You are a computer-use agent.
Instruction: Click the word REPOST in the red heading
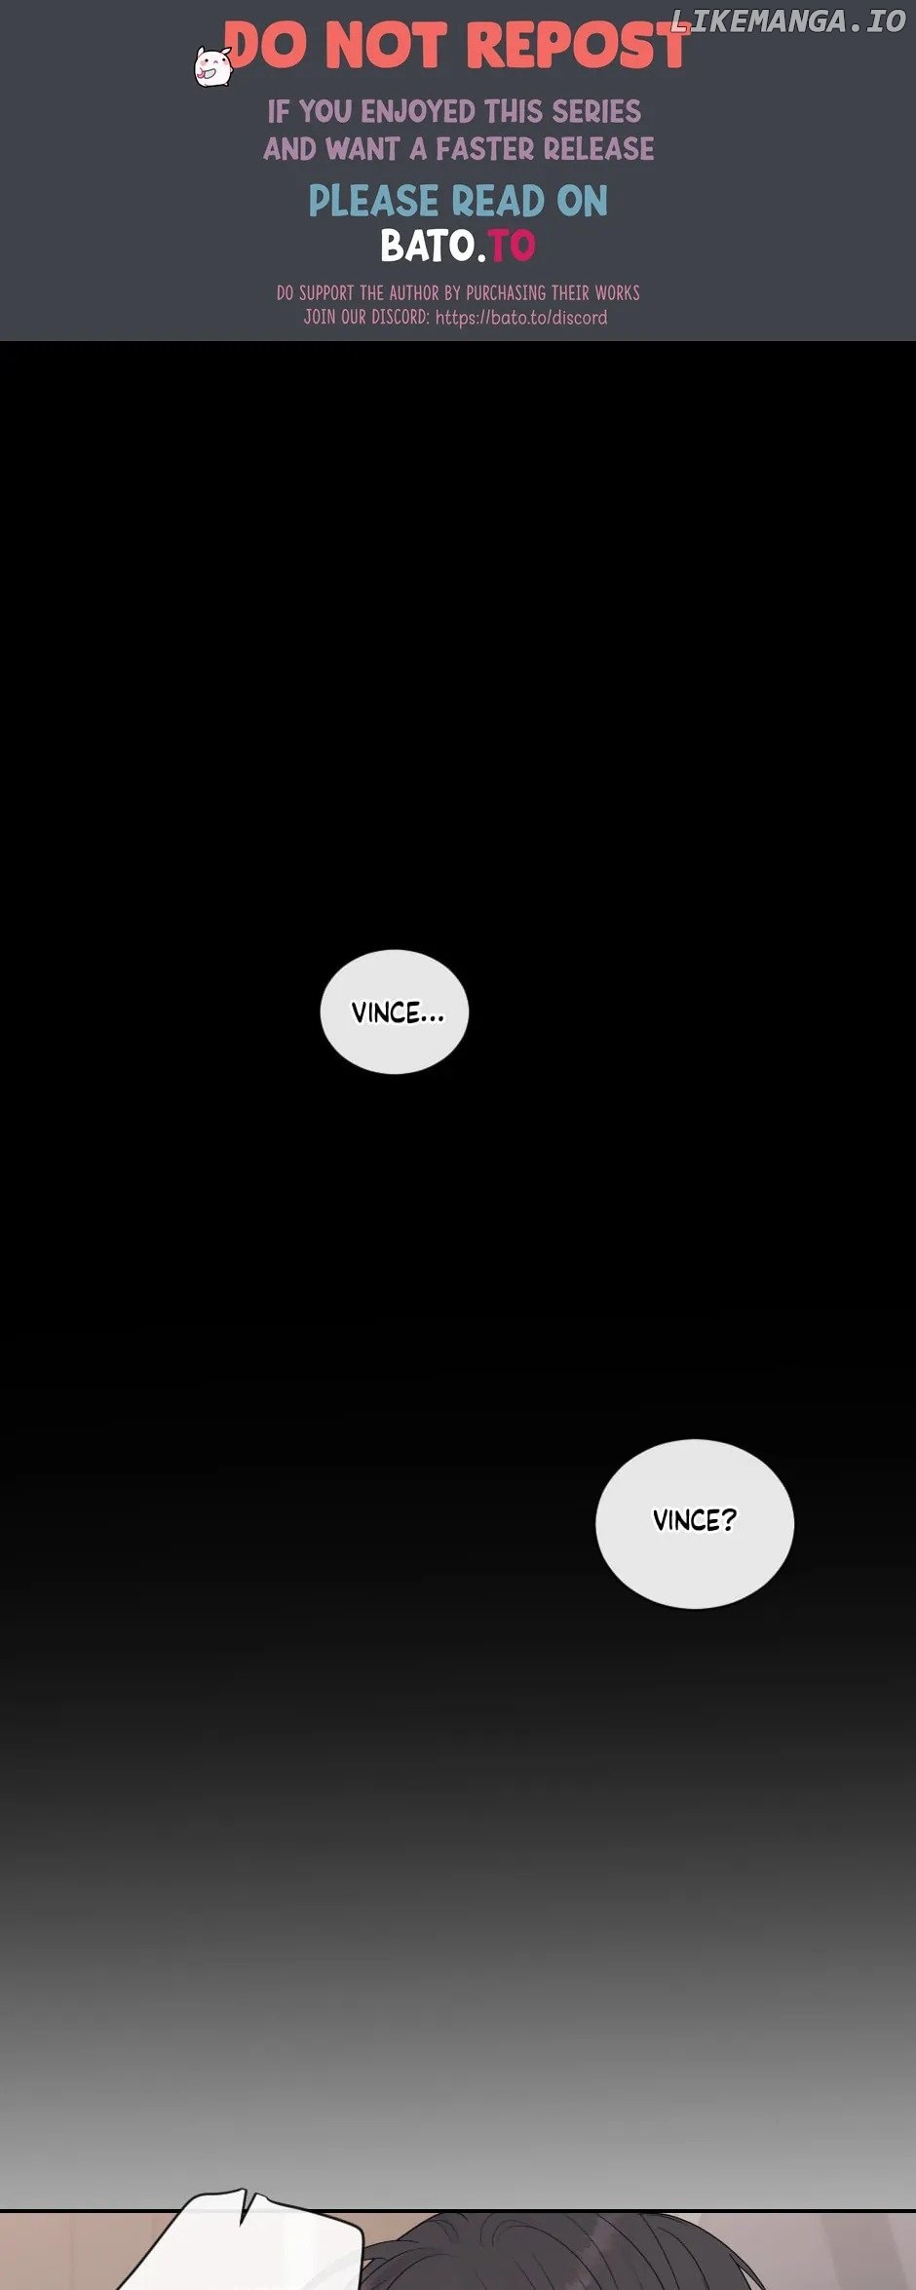pos(578,46)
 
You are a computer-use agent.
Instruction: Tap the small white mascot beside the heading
pos(211,67)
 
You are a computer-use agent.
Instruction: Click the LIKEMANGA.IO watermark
pos(788,20)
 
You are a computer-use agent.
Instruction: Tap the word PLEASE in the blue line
pos(373,202)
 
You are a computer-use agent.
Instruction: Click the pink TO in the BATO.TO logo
pos(512,246)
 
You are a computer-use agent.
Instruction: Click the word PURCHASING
pos(506,292)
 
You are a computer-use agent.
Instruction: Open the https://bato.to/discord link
pos(521,318)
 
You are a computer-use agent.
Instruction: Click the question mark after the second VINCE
pos(728,1520)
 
